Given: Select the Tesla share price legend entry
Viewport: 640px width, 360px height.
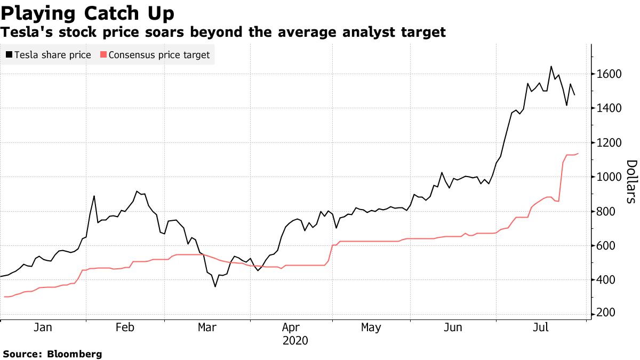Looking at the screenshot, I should (53, 55).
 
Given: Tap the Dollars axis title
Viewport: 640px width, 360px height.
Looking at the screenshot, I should (631, 181).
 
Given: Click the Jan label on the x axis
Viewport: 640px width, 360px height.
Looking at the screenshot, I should (43, 327).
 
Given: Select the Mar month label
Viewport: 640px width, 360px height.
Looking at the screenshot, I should (207, 327).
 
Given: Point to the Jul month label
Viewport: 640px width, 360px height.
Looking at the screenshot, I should (542, 327).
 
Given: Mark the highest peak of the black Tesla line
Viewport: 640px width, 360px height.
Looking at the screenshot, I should (551, 67).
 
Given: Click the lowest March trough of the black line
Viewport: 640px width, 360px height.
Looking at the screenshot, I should (215, 286).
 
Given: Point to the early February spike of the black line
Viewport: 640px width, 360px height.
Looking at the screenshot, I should (94, 196).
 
